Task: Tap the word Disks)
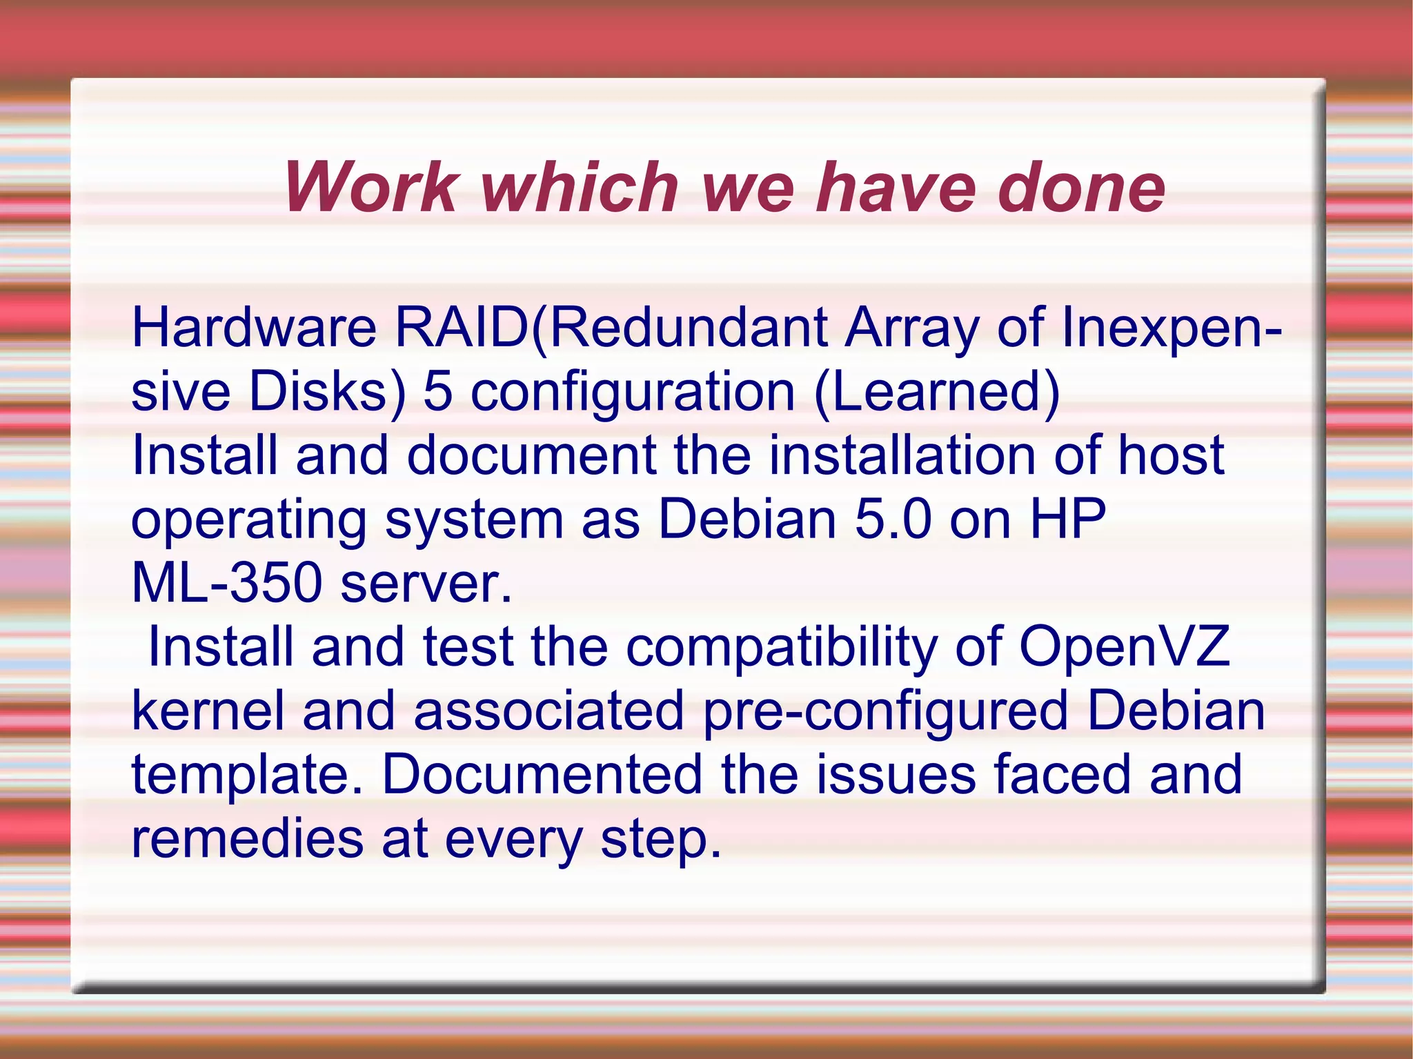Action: (328, 391)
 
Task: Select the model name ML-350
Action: (226, 583)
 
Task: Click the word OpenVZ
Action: (1124, 647)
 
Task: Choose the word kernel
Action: (208, 711)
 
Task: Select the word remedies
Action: (247, 839)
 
